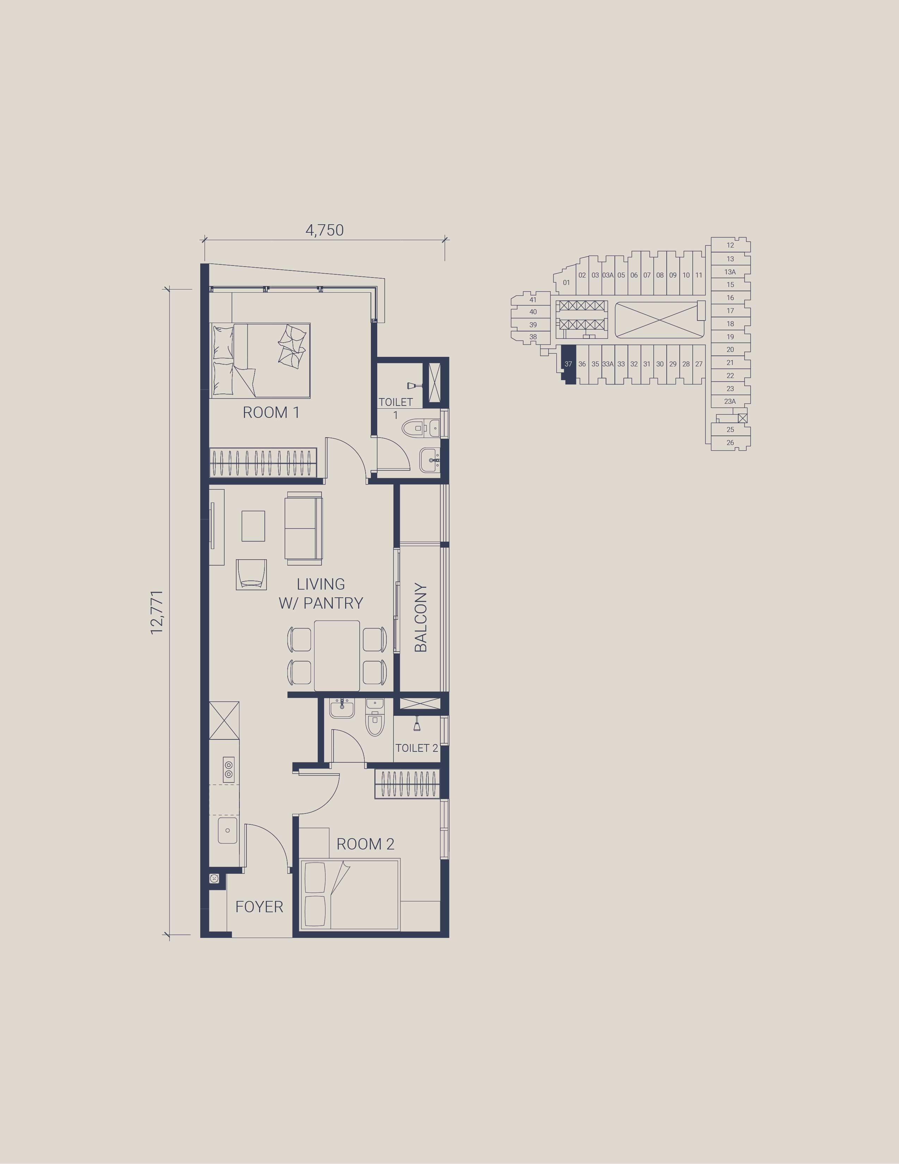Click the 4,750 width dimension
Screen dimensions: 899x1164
pos(325,230)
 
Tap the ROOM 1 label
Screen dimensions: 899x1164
pos(271,413)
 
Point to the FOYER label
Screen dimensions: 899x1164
pos(259,907)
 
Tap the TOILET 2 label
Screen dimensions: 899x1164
pos(416,748)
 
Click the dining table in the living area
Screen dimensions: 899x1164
pos(337,656)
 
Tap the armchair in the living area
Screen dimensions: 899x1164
pos(251,574)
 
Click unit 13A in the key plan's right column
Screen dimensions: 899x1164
pos(730,272)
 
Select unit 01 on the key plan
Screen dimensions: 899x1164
pos(567,282)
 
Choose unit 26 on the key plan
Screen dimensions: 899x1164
pos(730,443)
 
